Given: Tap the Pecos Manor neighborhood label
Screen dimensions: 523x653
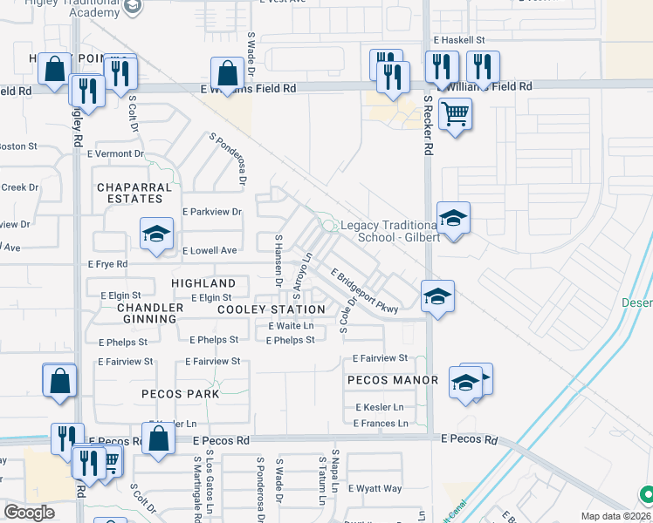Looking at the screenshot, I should click(392, 380).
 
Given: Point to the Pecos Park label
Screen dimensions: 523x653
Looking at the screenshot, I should click(181, 394).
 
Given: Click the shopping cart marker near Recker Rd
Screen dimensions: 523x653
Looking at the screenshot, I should click(455, 113).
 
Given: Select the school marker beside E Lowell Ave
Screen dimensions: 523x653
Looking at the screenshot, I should click(156, 234).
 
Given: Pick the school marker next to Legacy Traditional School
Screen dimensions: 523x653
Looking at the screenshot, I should click(453, 218).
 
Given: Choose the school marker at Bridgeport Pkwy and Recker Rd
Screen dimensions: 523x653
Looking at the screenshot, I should click(437, 296).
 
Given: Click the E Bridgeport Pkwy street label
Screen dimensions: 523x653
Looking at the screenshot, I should click(364, 291).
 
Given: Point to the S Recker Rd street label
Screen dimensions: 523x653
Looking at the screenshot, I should click(428, 126).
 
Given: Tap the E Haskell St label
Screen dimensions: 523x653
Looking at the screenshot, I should click(459, 40).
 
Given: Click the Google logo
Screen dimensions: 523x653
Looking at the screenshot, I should click(30, 513).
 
